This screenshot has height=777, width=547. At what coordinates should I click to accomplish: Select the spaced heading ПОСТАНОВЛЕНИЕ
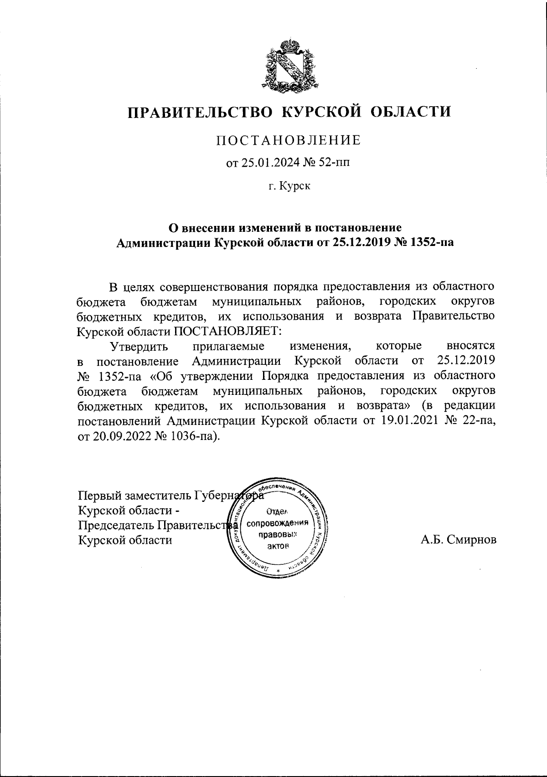(x=288, y=140)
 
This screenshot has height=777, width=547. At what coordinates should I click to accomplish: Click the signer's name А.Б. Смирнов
(x=459, y=540)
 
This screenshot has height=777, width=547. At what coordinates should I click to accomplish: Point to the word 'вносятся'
(x=471, y=346)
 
